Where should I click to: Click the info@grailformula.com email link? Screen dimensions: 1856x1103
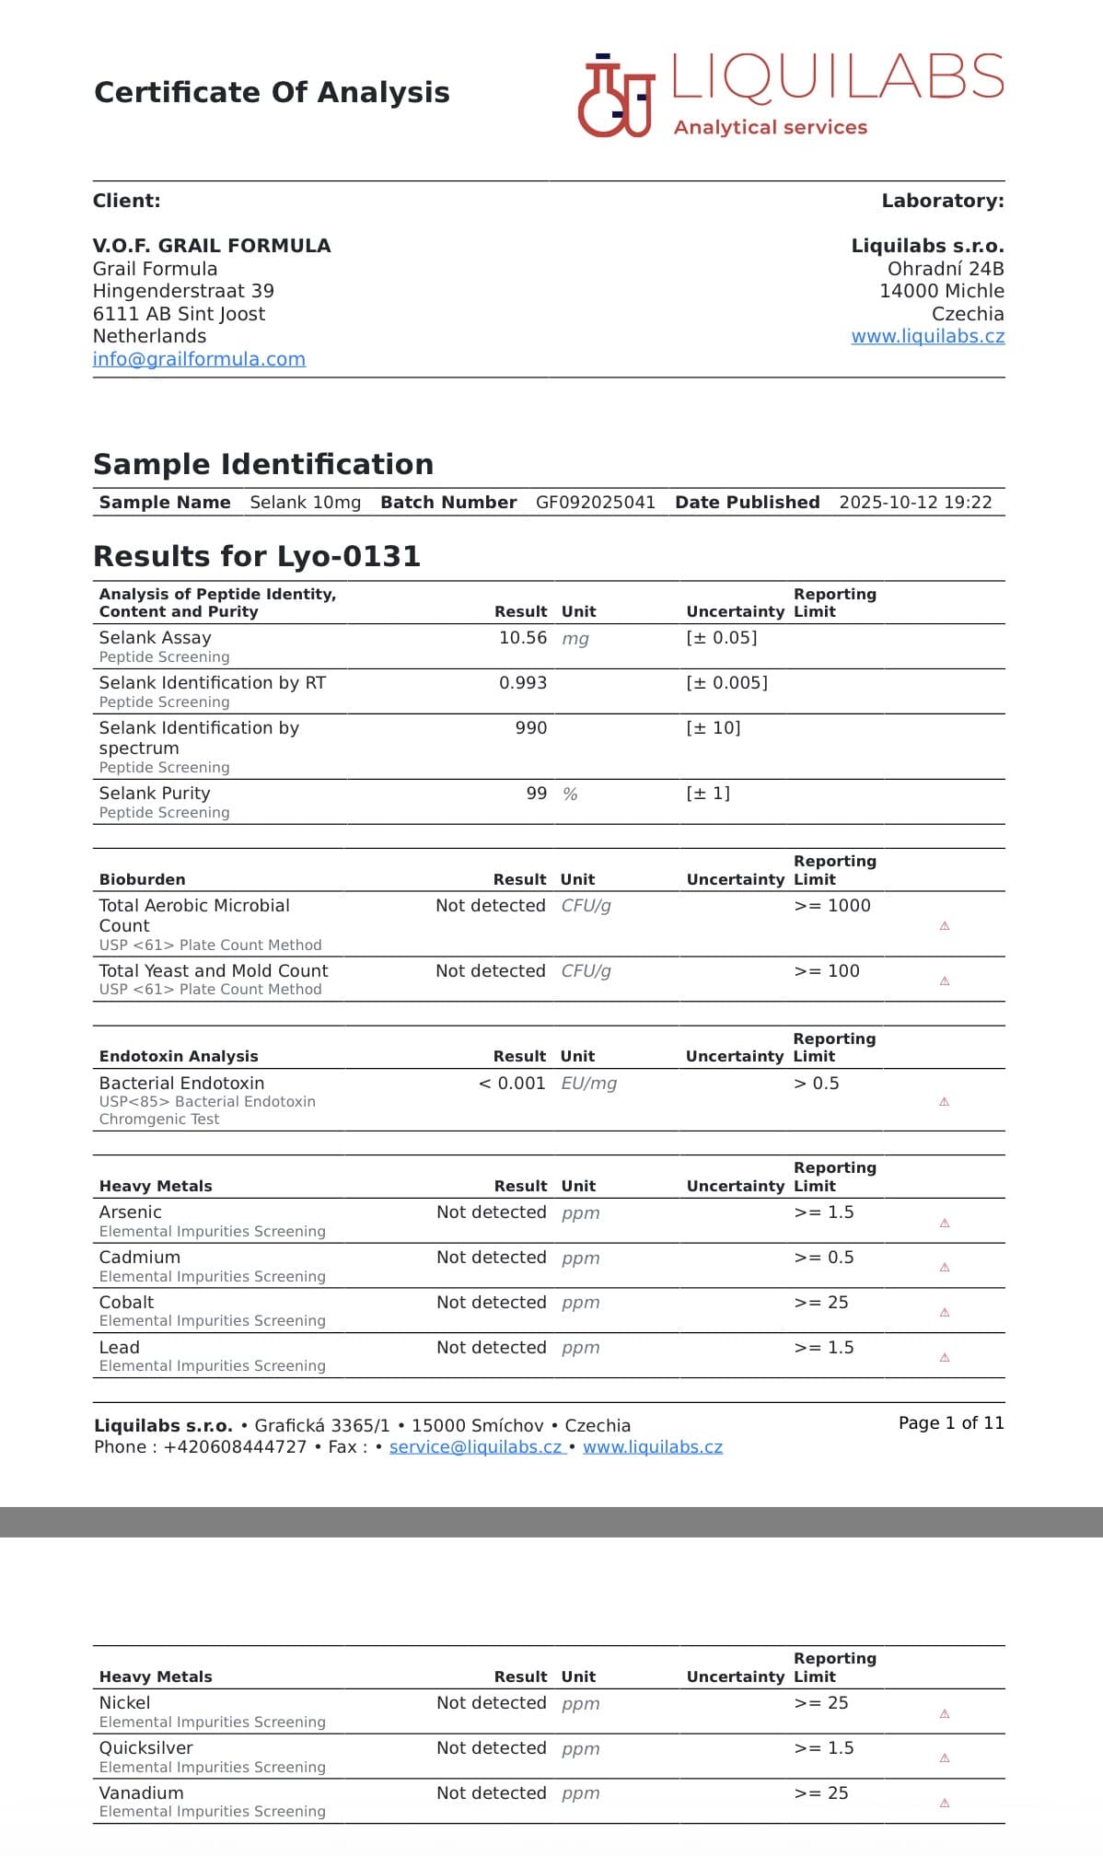[x=199, y=359]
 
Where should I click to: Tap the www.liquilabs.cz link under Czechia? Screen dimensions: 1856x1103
[x=927, y=336]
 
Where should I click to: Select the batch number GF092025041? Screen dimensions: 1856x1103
[x=596, y=503]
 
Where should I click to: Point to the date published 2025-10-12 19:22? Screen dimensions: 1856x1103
[x=915, y=503]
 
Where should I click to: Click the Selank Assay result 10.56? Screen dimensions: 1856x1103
[x=522, y=638]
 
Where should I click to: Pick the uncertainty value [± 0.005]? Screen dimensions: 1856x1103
[x=726, y=683]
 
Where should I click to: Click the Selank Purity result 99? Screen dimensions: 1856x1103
[x=536, y=794]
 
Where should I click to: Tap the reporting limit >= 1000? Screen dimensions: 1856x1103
[x=831, y=906]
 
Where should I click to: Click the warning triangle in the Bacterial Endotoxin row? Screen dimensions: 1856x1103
[x=944, y=1102]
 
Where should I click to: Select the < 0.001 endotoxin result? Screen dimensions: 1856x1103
[x=512, y=1084]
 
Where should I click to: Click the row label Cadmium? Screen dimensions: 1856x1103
[x=140, y=1258]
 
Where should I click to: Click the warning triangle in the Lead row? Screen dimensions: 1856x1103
[x=944, y=1358]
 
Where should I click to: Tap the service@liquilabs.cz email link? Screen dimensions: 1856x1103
[x=475, y=1447]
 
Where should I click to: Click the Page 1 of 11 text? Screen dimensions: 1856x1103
[x=950, y=1423]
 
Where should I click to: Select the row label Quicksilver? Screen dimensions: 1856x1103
[x=146, y=1748]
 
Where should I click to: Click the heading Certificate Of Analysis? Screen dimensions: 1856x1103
[x=272, y=93]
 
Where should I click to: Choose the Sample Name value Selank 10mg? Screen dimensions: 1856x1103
[x=305, y=503]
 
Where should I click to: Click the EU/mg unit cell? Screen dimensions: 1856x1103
[x=588, y=1084]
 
